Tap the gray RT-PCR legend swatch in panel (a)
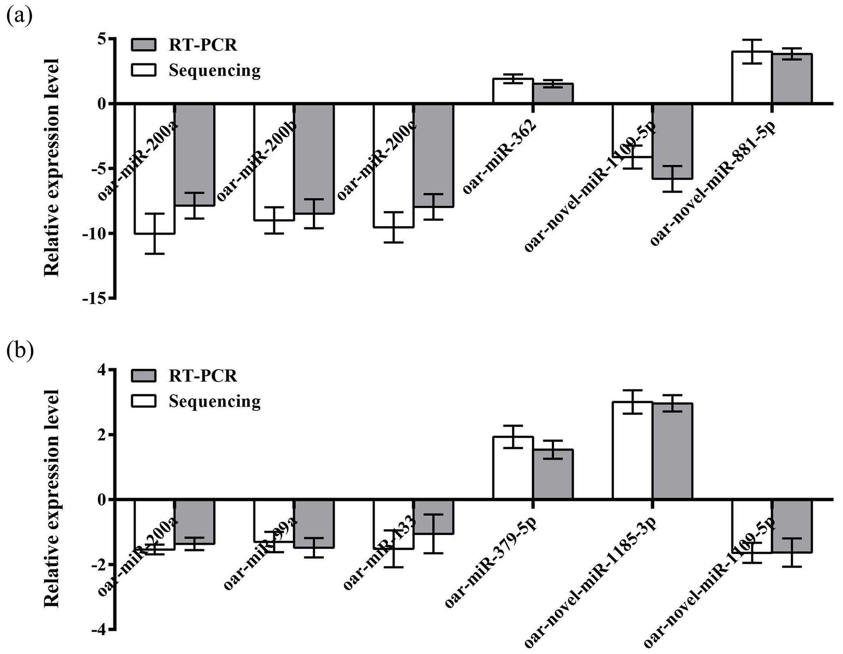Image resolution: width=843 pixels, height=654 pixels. click(x=144, y=45)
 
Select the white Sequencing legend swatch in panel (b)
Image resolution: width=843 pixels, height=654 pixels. click(x=144, y=401)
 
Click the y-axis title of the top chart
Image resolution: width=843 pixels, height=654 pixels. click(x=52, y=167)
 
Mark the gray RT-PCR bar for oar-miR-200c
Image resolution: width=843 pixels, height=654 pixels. click(x=434, y=155)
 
